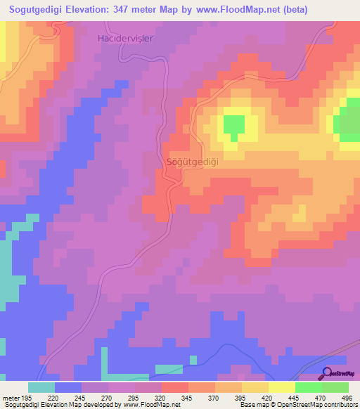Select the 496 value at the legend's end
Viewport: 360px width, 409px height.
pyautogui.click(x=346, y=398)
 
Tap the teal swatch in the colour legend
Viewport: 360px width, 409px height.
pyautogui.click(x=41, y=387)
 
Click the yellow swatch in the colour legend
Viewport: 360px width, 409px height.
pyautogui.click(x=281, y=387)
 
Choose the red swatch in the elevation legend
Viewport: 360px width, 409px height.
pyautogui.click(x=174, y=387)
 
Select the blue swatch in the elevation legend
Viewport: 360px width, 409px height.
pyautogui.click(x=68, y=387)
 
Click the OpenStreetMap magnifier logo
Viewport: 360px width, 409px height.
pyautogui.click(x=326, y=374)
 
